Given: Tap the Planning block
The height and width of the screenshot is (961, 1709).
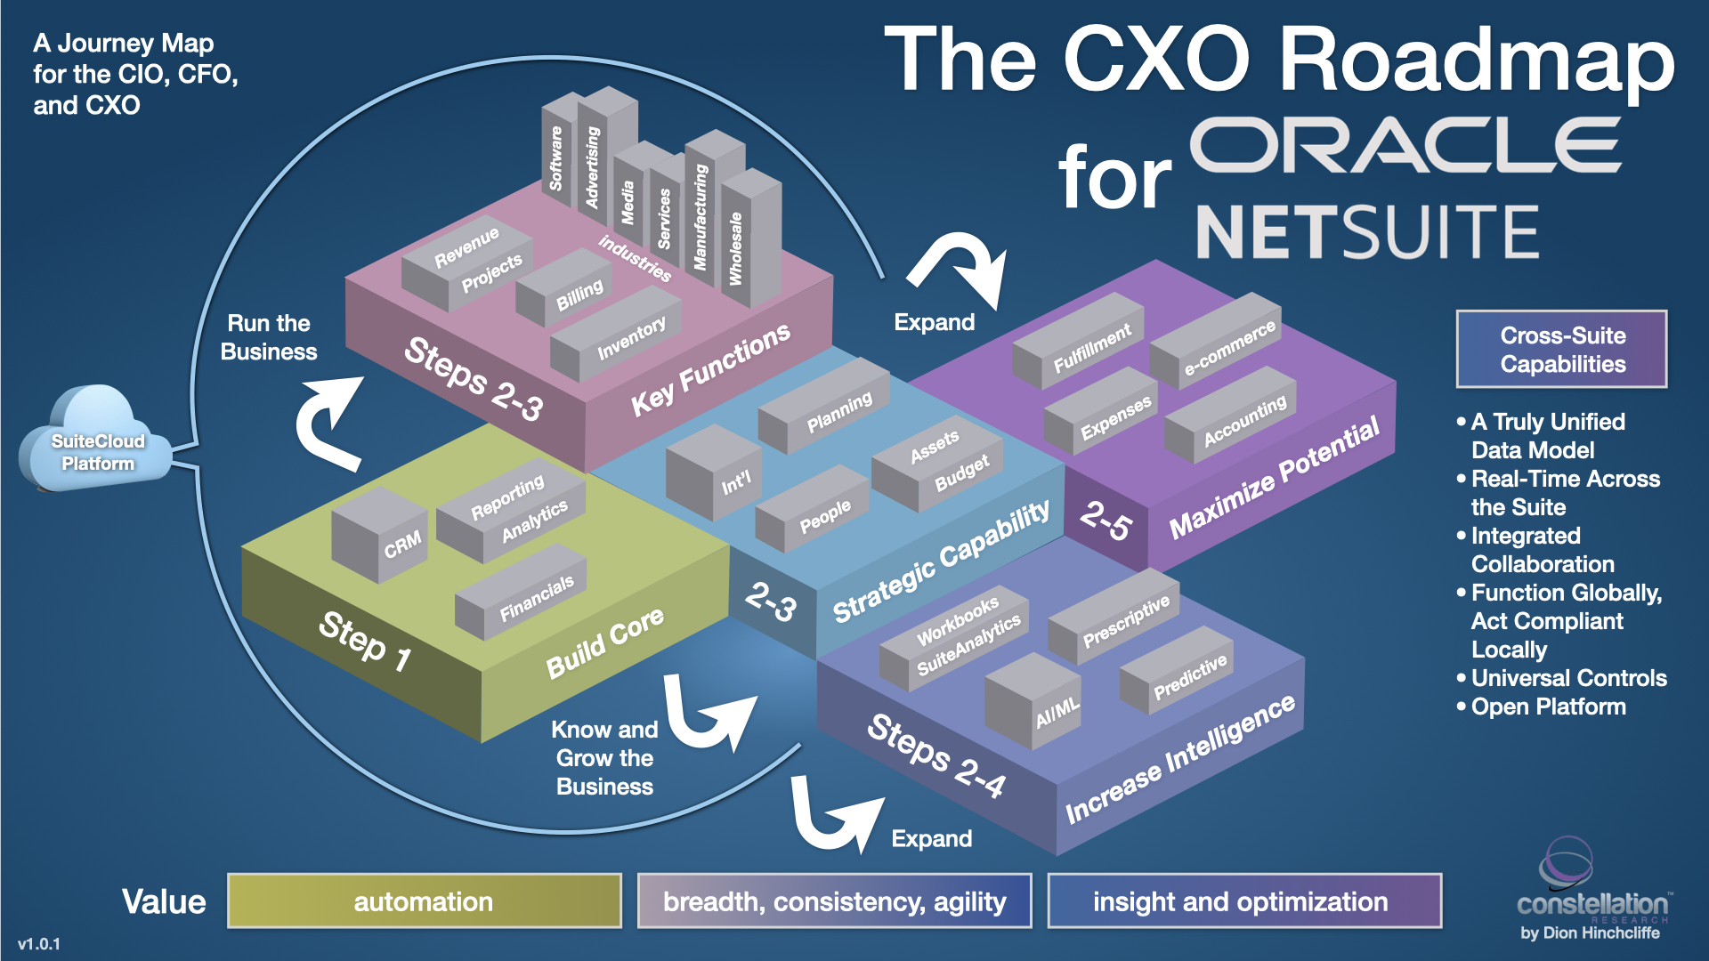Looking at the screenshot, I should [828, 408].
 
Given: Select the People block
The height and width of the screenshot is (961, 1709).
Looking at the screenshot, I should [814, 512].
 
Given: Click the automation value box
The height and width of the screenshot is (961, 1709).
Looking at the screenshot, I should [424, 901].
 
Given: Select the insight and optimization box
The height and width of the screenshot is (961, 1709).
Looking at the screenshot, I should [1243, 901].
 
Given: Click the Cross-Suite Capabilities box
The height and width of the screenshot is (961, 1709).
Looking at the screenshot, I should [1561, 350].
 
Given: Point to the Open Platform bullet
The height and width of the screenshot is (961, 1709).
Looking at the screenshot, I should [1548, 707].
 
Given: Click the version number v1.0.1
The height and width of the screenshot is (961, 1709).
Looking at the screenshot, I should [39, 944].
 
